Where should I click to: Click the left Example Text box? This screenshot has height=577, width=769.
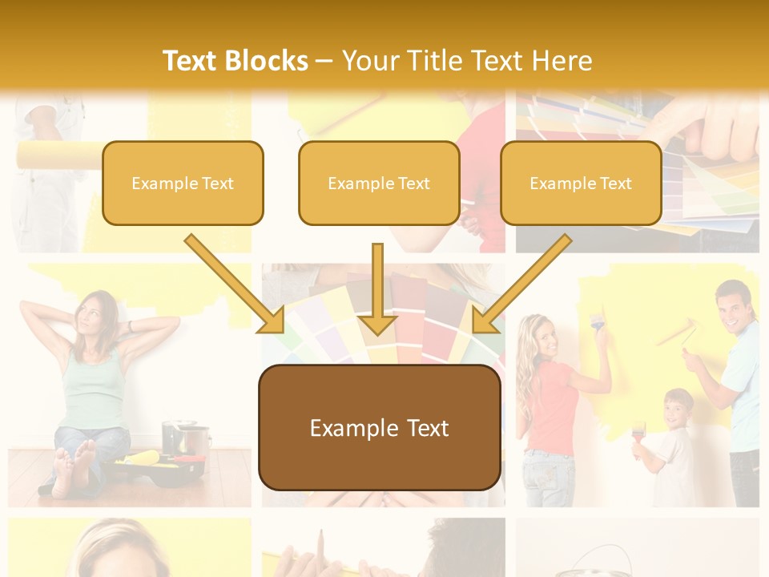(x=183, y=184)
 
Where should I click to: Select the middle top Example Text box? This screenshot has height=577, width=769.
(x=379, y=184)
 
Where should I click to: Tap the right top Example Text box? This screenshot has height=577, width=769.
(x=581, y=184)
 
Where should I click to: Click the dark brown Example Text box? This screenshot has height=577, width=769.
(x=379, y=428)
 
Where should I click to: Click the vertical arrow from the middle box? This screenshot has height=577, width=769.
(x=377, y=288)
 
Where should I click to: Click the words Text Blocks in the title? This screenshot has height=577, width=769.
(x=236, y=60)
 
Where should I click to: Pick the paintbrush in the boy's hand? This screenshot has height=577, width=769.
(x=638, y=434)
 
